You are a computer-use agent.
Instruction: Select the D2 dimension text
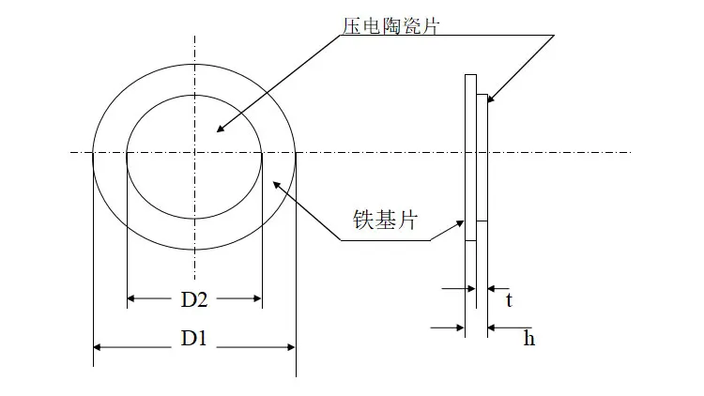(x=194, y=300)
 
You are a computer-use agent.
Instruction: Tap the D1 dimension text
(x=193, y=340)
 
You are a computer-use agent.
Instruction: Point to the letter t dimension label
(x=509, y=301)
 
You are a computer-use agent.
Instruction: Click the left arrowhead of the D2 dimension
(x=132, y=299)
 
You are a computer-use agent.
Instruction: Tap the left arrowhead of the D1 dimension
(x=98, y=347)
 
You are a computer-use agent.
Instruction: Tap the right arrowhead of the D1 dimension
(x=291, y=347)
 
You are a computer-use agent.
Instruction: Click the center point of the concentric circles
(x=194, y=153)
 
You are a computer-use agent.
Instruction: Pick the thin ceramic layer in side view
(x=482, y=160)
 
